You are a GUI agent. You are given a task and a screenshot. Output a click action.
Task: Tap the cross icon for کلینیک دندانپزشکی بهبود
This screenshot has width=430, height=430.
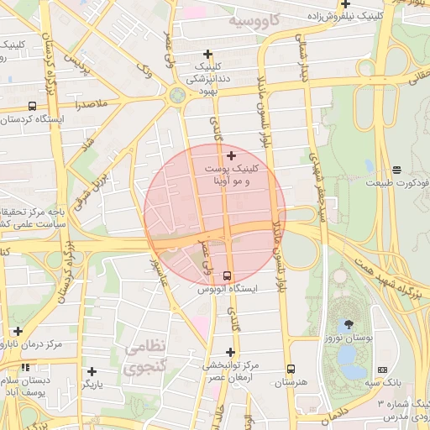(x=208, y=55)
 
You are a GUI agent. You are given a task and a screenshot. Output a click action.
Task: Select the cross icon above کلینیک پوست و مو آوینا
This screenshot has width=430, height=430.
(x=232, y=155)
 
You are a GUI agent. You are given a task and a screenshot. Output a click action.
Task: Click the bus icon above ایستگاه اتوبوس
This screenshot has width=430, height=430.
(x=228, y=275)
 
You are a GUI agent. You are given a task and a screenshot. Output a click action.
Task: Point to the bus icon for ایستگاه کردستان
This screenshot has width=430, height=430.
(x=32, y=107)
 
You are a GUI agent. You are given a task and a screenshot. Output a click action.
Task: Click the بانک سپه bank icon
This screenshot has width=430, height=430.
(x=383, y=370)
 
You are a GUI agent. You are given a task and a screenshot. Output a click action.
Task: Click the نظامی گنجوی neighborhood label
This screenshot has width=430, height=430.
(x=144, y=357)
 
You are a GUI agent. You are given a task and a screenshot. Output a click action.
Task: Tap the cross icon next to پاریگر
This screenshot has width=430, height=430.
(x=92, y=371)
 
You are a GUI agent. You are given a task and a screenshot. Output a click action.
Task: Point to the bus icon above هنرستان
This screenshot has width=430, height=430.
(x=291, y=369)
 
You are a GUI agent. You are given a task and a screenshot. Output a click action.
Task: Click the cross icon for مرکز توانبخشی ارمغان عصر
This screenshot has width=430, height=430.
(x=231, y=353)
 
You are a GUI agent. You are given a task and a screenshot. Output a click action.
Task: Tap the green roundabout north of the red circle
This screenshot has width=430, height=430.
(x=177, y=96)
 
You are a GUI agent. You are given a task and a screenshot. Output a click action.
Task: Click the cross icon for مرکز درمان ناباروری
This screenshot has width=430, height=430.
(x=18, y=332)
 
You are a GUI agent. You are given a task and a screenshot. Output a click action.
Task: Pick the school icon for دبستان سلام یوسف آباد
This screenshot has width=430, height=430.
(x=27, y=367)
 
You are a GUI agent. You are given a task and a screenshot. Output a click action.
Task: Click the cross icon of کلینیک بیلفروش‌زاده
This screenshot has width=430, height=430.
(x=345, y=4)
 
